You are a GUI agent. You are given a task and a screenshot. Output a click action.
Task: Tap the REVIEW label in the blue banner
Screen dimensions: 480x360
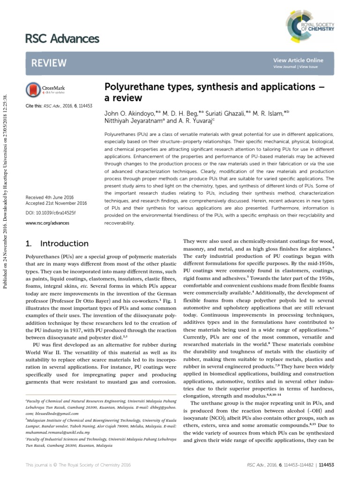(x=49, y=63)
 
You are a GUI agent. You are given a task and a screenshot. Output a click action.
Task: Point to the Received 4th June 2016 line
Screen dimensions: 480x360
(x=48, y=197)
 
